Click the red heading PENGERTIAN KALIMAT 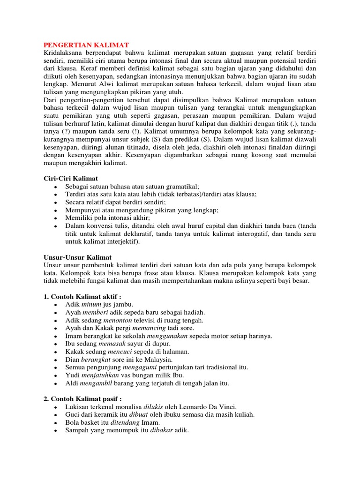point(86,44)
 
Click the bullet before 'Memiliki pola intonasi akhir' point(56,218)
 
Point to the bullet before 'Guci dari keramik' point(56,415)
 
